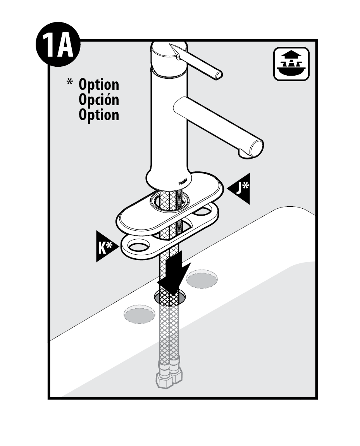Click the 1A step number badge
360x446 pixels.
click(58, 45)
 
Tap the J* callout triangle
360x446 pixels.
click(241, 188)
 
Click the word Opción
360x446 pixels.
click(98, 100)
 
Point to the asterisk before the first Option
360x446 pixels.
click(70, 82)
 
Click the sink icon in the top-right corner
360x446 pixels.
click(291, 64)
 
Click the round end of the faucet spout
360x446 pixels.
click(256, 149)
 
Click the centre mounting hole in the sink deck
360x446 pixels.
click(170, 297)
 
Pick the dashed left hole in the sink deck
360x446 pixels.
click(140, 314)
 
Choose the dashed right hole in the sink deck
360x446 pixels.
click(202, 279)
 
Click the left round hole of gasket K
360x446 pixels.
click(138, 245)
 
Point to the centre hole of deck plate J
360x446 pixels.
click(170, 202)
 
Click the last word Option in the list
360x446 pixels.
click(98, 115)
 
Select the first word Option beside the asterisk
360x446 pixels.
click(98, 85)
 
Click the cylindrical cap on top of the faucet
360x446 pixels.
click(169, 59)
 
